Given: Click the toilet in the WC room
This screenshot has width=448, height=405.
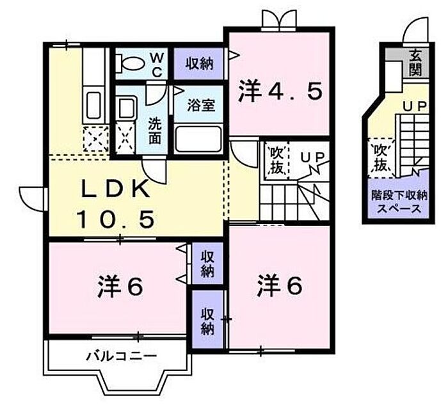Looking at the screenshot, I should pos(130,63).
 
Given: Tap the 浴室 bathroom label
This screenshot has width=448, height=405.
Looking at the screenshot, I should pos(200,106).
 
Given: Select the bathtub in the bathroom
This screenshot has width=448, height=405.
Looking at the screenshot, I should pos(198,138).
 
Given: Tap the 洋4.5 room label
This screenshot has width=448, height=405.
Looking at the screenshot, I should pos(279,91).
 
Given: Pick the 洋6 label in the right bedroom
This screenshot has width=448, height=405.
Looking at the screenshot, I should pos(280,285).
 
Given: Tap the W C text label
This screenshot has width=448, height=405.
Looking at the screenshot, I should pos(157,63).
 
